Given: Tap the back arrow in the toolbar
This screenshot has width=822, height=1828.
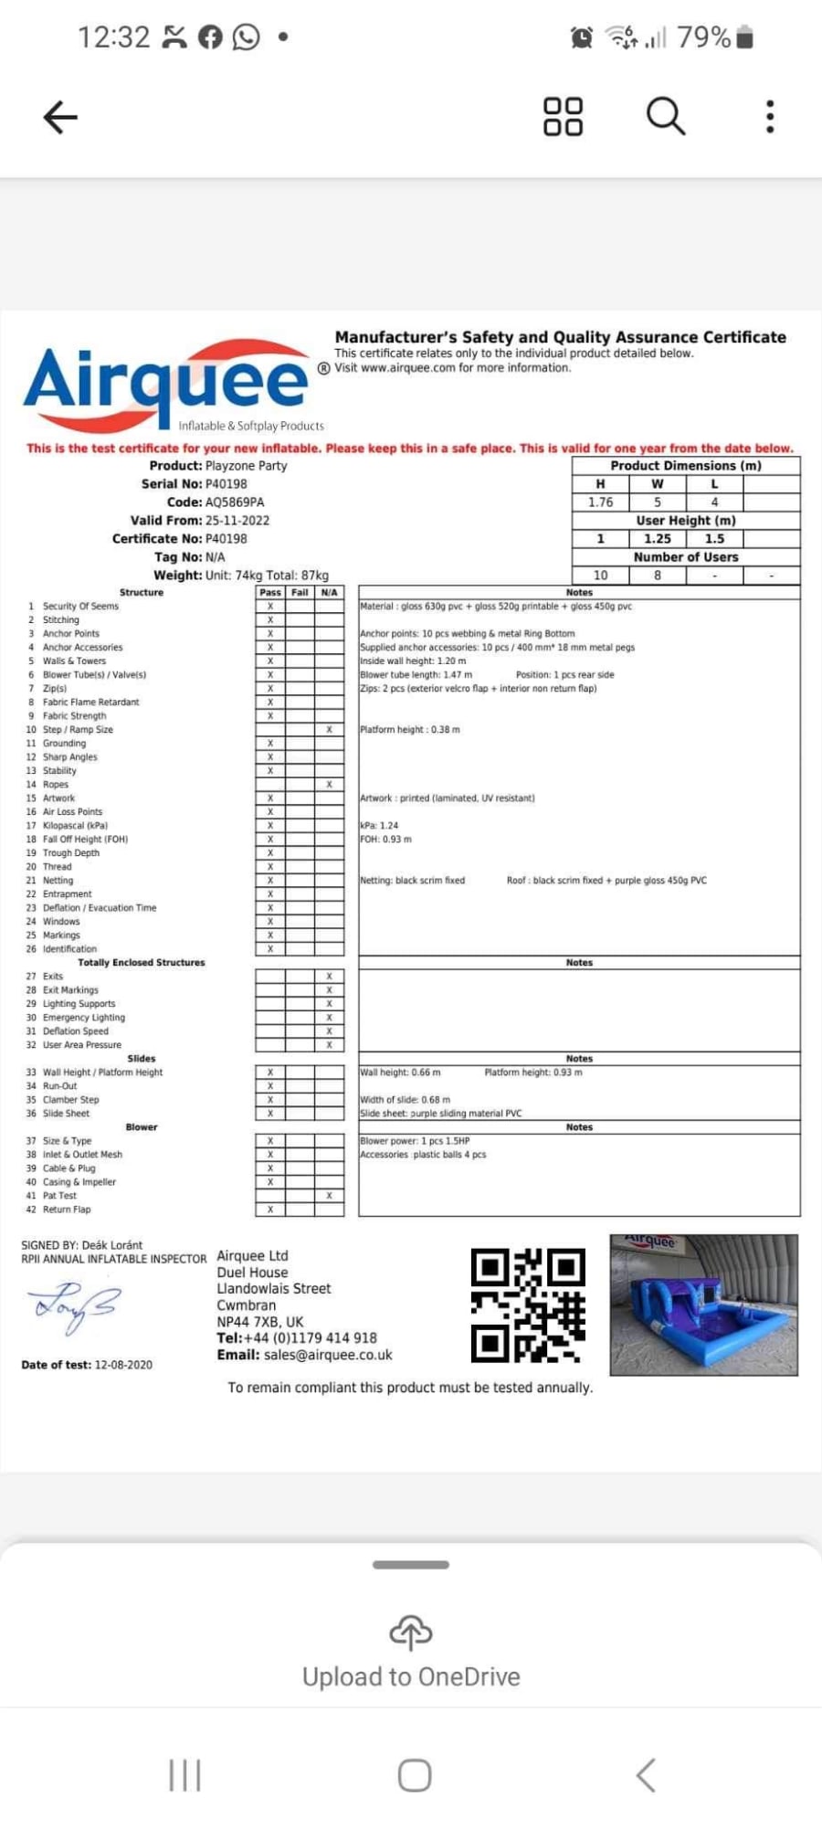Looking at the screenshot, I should pyautogui.click(x=60, y=117).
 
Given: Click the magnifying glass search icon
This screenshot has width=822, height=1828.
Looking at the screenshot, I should pyautogui.click(x=665, y=117).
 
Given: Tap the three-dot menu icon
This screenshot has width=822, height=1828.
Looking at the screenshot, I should pyautogui.click(x=770, y=117).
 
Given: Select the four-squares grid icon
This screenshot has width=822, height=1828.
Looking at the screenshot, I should pyautogui.click(x=563, y=117).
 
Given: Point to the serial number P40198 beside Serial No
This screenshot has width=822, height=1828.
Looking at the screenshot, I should pyautogui.click(x=226, y=484).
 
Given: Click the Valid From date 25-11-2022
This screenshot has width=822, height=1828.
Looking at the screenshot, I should pyautogui.click(x=237, y=521).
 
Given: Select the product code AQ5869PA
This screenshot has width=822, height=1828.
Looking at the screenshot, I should pyautogui.click(x=235, y=502).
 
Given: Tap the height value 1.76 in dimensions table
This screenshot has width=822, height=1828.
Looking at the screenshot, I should pyautogui.click(x=600, y=502).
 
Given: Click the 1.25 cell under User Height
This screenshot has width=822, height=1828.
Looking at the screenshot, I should pyautogui.click(x=657, y=539).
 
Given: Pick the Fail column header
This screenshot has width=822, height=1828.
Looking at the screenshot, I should pyautogui.click(x=300, y=593).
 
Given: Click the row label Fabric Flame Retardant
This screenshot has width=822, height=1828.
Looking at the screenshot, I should pyautogui.click(x=91, y=703).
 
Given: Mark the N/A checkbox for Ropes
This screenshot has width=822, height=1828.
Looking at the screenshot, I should pyautogui.click(x=329, y=785).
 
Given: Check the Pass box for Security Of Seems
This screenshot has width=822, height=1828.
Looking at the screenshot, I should pyautogui.click(x=270, y=607).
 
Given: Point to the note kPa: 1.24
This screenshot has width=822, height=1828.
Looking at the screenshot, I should pyautogui.click(x=379, y=826).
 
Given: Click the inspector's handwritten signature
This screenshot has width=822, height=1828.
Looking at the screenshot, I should pyautogui.click(x=73, y=1306).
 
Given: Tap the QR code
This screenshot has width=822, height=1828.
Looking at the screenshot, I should pyautogui.click(x=528, y=1305).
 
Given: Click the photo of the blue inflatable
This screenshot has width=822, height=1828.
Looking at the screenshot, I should pyautogui.click(x=703, y=1305).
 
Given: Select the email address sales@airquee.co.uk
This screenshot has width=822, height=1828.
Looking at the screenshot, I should pyautogui.click(x=328, y=1355).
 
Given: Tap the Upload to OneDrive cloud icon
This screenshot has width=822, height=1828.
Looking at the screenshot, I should pyautogui.click(x=411, y=1633).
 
